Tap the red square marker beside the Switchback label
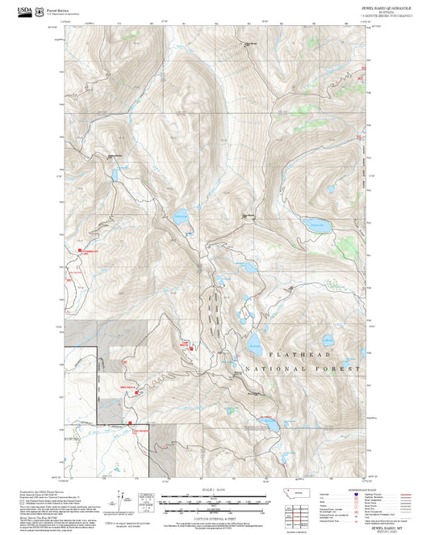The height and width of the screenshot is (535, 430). pyautogui.click(x=136, y=392)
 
